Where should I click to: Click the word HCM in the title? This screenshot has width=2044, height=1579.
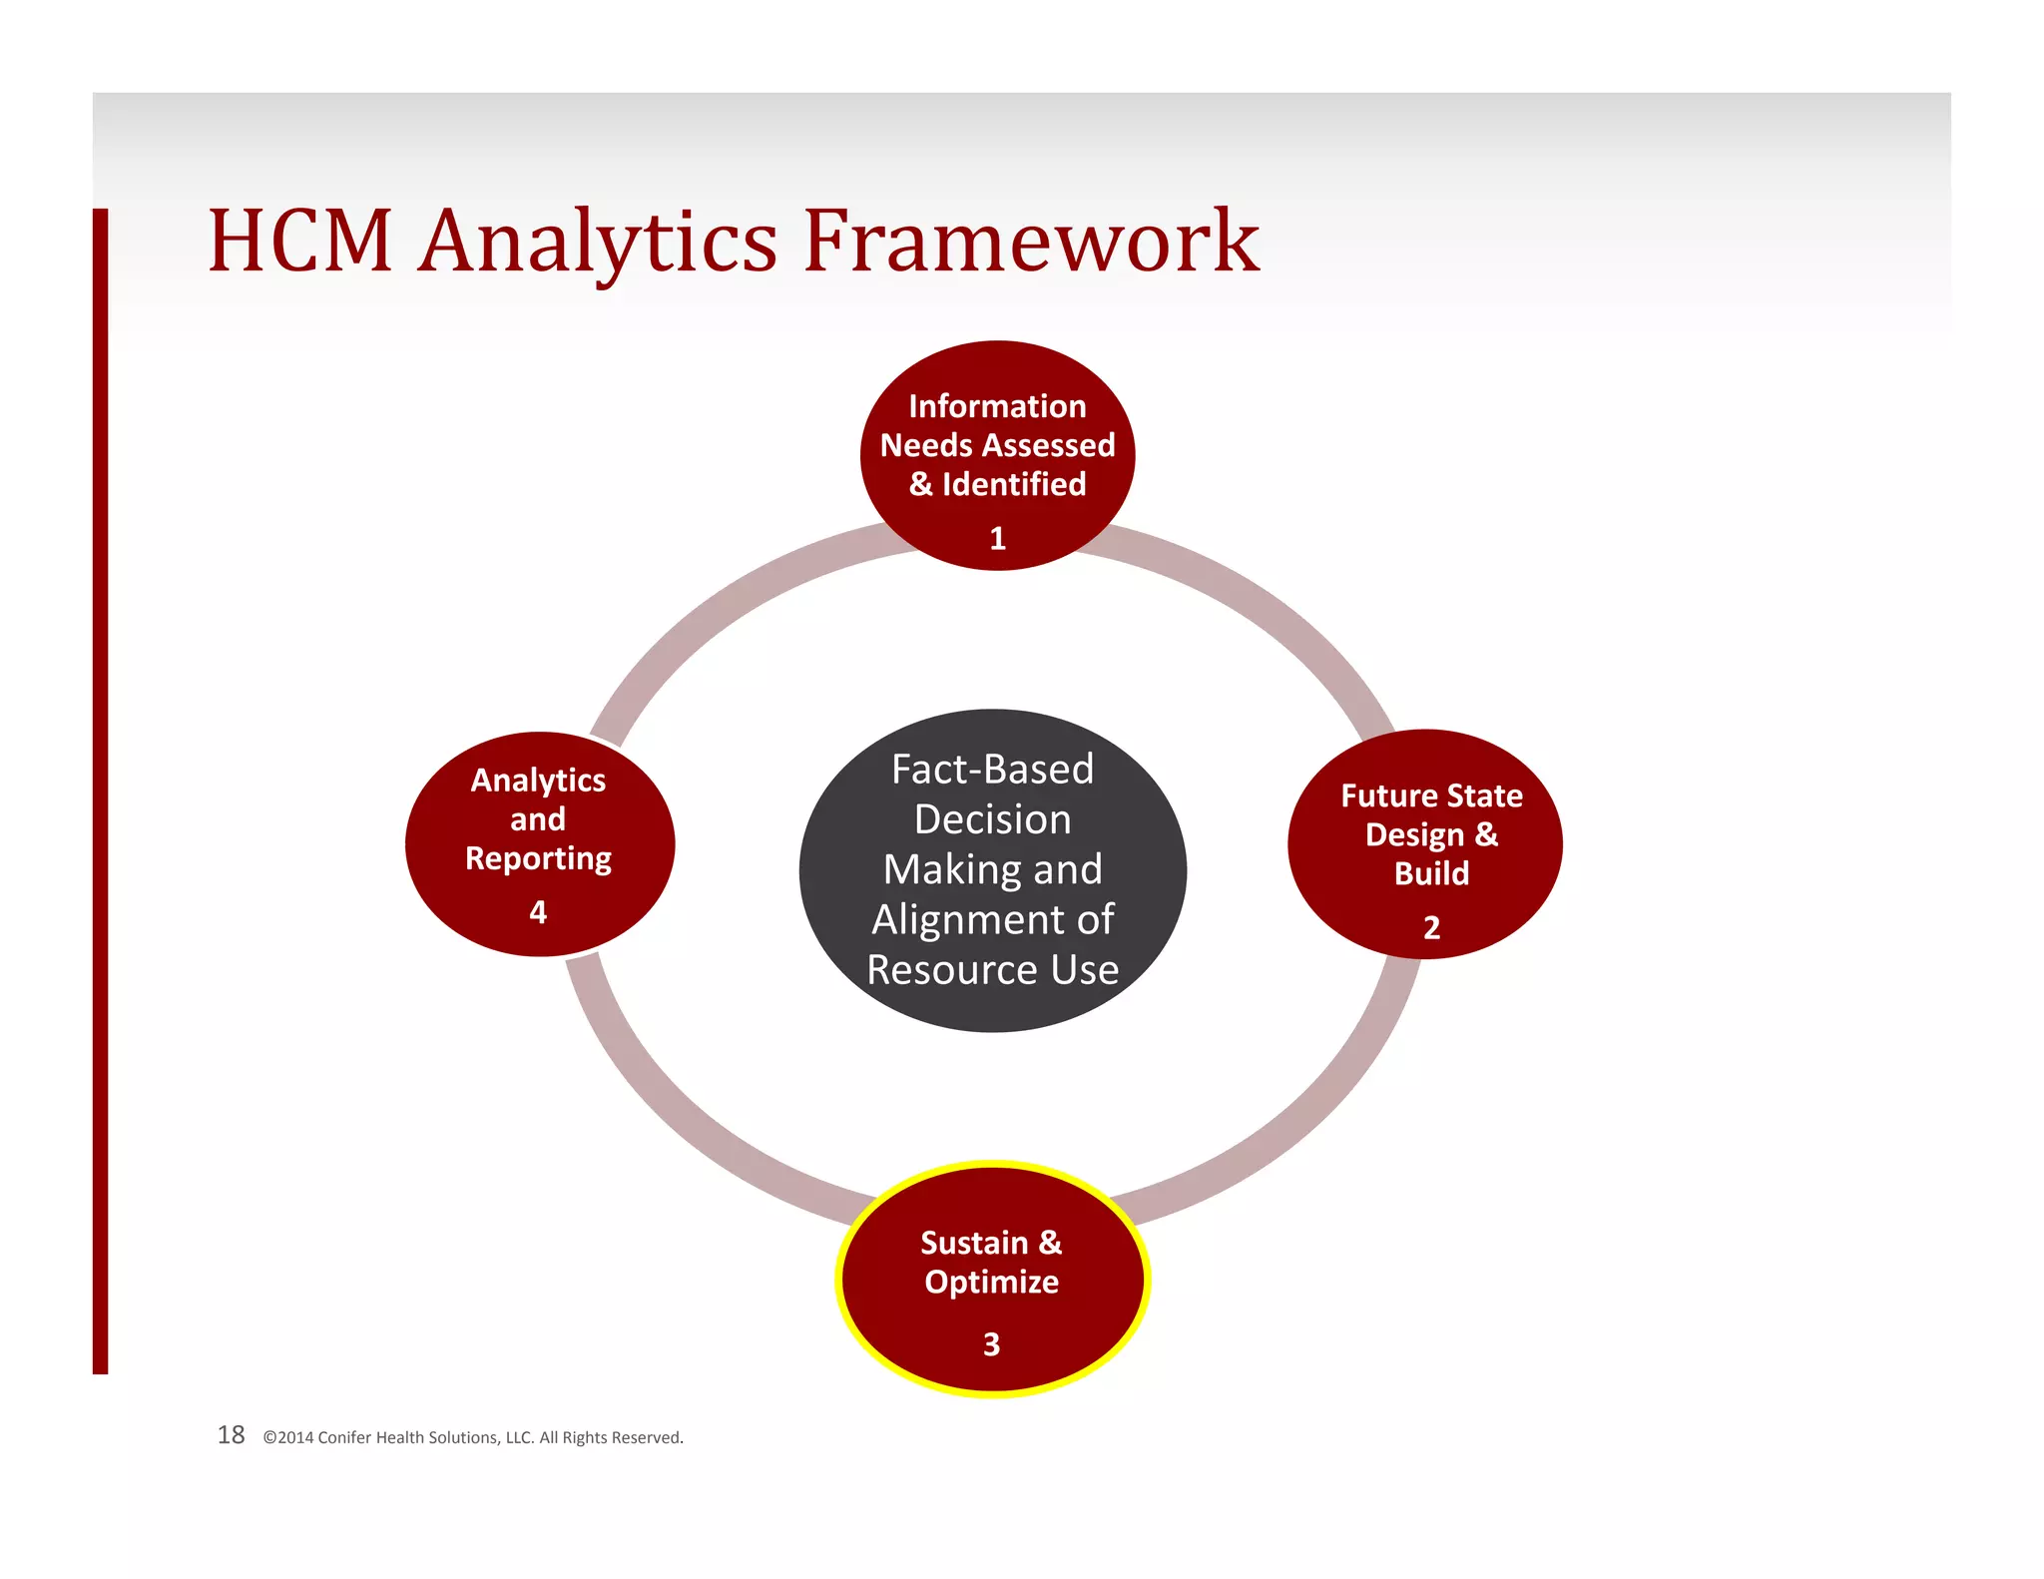click(299, 242)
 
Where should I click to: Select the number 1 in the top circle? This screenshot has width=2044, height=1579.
click(997, 539)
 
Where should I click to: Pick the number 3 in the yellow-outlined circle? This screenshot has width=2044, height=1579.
click(991, 1344)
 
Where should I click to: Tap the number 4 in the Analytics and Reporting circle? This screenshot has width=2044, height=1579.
click(538, 912)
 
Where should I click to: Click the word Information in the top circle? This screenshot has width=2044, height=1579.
click(997, 406)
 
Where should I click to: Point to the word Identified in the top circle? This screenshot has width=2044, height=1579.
click(1014, 484)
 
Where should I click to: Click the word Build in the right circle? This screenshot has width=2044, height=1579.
click(1431, 873)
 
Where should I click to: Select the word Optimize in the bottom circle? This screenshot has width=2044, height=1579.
click(991, 1283)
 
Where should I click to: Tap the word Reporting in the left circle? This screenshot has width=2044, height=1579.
click(538, 859)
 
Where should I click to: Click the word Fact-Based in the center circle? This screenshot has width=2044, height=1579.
click(992, 770)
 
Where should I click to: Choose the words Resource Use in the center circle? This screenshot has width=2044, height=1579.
click(992, 970)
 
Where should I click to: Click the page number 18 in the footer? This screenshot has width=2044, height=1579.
click(231, 1435)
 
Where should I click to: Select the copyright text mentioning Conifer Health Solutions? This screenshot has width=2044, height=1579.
click(473, 1438)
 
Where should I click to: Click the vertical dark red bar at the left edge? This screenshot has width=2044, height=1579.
click(100, 789)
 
